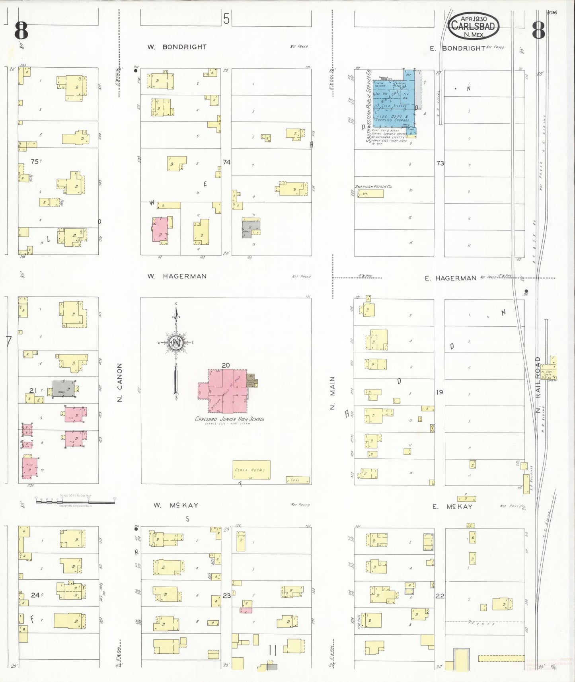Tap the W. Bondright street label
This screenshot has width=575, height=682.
point(177,47)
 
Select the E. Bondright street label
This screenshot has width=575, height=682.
point(458,49)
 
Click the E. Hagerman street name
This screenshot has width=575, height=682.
point(450,278)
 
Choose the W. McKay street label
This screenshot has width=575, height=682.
point(176,505)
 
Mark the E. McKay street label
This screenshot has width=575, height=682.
point(452,507)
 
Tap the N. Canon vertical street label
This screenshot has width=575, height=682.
point(120,382)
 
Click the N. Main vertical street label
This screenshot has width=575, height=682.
point(333,393)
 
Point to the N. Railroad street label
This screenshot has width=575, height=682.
point(538,384)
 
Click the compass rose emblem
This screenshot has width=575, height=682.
point(175,343)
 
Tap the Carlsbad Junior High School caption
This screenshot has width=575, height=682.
point(230,419)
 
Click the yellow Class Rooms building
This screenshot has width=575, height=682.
point(251,470)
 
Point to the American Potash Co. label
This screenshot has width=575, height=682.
point(373,187)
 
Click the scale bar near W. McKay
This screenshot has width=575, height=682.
point(75,502)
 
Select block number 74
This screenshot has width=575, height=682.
point(226,162)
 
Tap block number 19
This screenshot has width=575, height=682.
point(439,392)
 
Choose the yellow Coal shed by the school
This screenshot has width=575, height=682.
point(297,480)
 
